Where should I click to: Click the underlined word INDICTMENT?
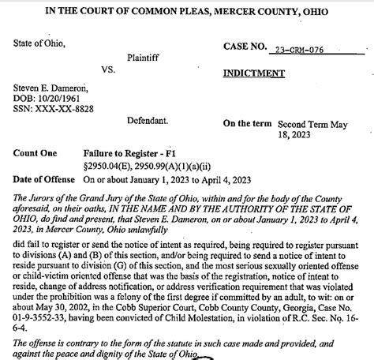point(253,73)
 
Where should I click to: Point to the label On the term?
point(249,124)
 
